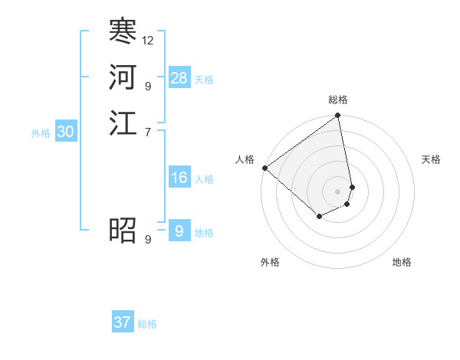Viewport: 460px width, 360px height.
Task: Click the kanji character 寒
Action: click(x=123, y=32)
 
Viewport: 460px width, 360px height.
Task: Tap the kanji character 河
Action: click(x=123, y=77)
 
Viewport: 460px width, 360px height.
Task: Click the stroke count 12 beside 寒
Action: click(x=148, y=40)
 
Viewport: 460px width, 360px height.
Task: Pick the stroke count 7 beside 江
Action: click(x=147, y=132)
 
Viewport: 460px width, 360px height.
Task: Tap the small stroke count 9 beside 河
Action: click(x=147, y=86)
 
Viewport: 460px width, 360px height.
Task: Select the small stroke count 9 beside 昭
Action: click(x=147, y=239)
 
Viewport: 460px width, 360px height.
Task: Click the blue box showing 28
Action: click(x=179, y=78)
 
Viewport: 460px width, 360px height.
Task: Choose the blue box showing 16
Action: click(x=179, y=178)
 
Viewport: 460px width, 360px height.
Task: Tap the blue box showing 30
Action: click(x=66, y=132)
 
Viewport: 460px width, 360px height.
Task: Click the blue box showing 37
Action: click(x=123, y=322)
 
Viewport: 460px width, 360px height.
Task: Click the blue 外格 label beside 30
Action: click(x=41, y=133)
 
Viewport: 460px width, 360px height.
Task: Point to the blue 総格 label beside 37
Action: click(x=147, y=324)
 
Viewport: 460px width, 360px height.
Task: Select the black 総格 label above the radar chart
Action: click(x=338, y=100)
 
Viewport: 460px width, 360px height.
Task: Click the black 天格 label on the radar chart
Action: click(x=431, y=159)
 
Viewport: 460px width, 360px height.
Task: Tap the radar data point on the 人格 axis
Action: click(x=264, y=168)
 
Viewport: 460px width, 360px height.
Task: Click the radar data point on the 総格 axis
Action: click(x=338, y=116)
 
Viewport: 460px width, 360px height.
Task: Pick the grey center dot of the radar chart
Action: click(x=338, y=191)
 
